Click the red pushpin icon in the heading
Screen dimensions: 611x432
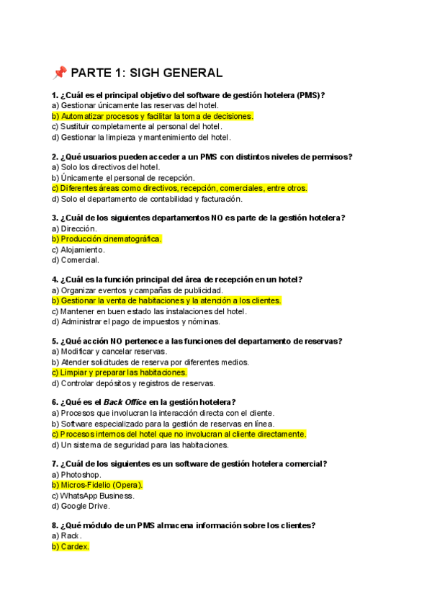(59, 73)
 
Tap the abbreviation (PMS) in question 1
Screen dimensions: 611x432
(310, 95)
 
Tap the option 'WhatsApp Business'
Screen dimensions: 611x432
(93, 496)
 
